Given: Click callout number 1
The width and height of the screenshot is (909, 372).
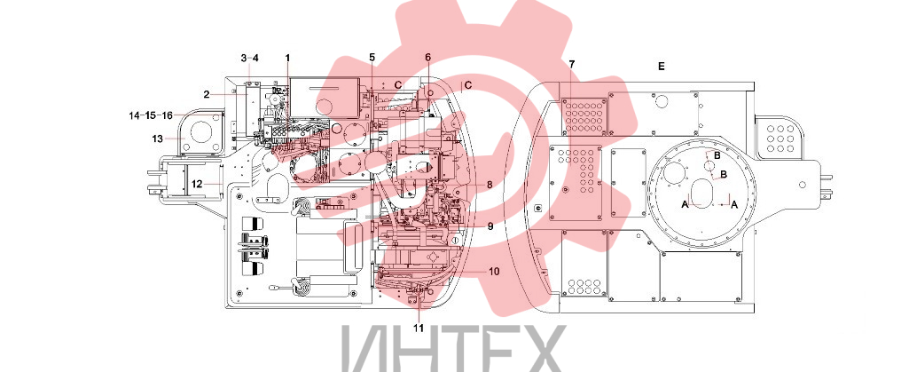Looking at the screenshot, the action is [287, 58].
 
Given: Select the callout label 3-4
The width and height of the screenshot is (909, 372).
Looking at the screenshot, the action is [250, 58].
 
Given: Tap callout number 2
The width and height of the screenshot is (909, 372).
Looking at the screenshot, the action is [207, 94].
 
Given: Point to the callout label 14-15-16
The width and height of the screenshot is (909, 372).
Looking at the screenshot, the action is [151, 115].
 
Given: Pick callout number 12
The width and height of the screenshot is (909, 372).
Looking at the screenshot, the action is [197, 184].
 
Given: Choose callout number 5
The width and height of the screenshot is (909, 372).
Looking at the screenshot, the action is [372, 57].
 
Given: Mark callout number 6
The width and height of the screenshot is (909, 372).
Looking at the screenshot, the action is [427, 57].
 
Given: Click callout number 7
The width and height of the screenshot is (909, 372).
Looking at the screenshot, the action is [572, 63].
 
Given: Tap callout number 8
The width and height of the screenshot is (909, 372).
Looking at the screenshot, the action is [490, 185].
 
